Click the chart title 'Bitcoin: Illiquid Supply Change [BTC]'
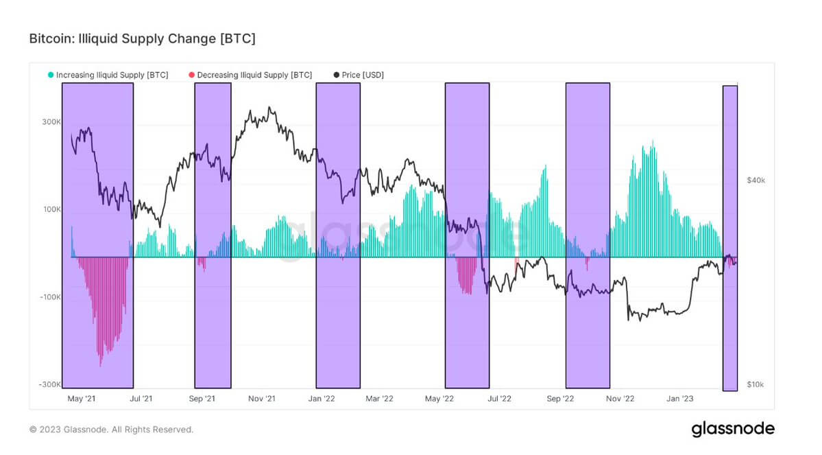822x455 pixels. click(142, 39)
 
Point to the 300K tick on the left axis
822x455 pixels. click(51, 122)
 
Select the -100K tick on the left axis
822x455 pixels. click(50, 297)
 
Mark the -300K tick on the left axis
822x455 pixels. click(50, 385)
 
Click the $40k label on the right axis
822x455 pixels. click(755, 180)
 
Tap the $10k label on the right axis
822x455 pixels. click(755, 385)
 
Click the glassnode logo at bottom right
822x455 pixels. click(733, 429)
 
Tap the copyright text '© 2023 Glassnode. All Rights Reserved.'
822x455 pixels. click(111, 430)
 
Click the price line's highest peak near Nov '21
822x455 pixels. click(269, 108)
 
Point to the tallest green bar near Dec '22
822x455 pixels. click(653, 142)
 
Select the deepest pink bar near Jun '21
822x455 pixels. click(101, 364)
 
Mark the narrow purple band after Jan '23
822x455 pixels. click(730, 237)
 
